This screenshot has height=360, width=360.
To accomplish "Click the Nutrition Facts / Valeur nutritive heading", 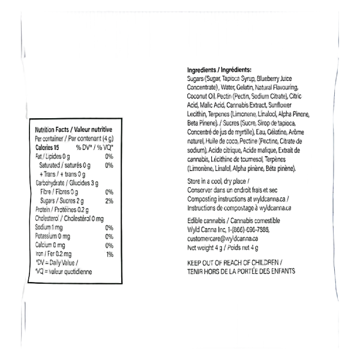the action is coord(73,130).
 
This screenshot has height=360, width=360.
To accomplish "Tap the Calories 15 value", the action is coord(47,148).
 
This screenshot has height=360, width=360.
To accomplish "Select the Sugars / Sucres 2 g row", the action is coord(62,201).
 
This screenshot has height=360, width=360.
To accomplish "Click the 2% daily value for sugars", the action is coord(109,201).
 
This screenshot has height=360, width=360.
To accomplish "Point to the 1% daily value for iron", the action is coord(110,254).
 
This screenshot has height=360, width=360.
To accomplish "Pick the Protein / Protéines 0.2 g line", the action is coord(62,209).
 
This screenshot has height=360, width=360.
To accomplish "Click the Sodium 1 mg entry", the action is coord(49,227).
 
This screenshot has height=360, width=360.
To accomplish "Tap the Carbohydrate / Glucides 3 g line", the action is coord(67,183).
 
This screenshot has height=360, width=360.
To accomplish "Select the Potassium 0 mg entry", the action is coord(53,236).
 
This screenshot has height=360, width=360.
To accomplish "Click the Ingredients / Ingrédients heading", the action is coord(219,70).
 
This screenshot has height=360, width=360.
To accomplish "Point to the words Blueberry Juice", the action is coord(274,79).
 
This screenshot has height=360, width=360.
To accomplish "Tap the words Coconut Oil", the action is coord(201,96).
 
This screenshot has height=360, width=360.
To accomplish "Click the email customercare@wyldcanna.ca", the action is coord(223,239).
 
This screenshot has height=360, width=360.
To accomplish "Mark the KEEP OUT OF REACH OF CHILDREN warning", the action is coord(235,262).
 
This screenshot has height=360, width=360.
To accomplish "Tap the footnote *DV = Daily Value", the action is coord(57,263).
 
